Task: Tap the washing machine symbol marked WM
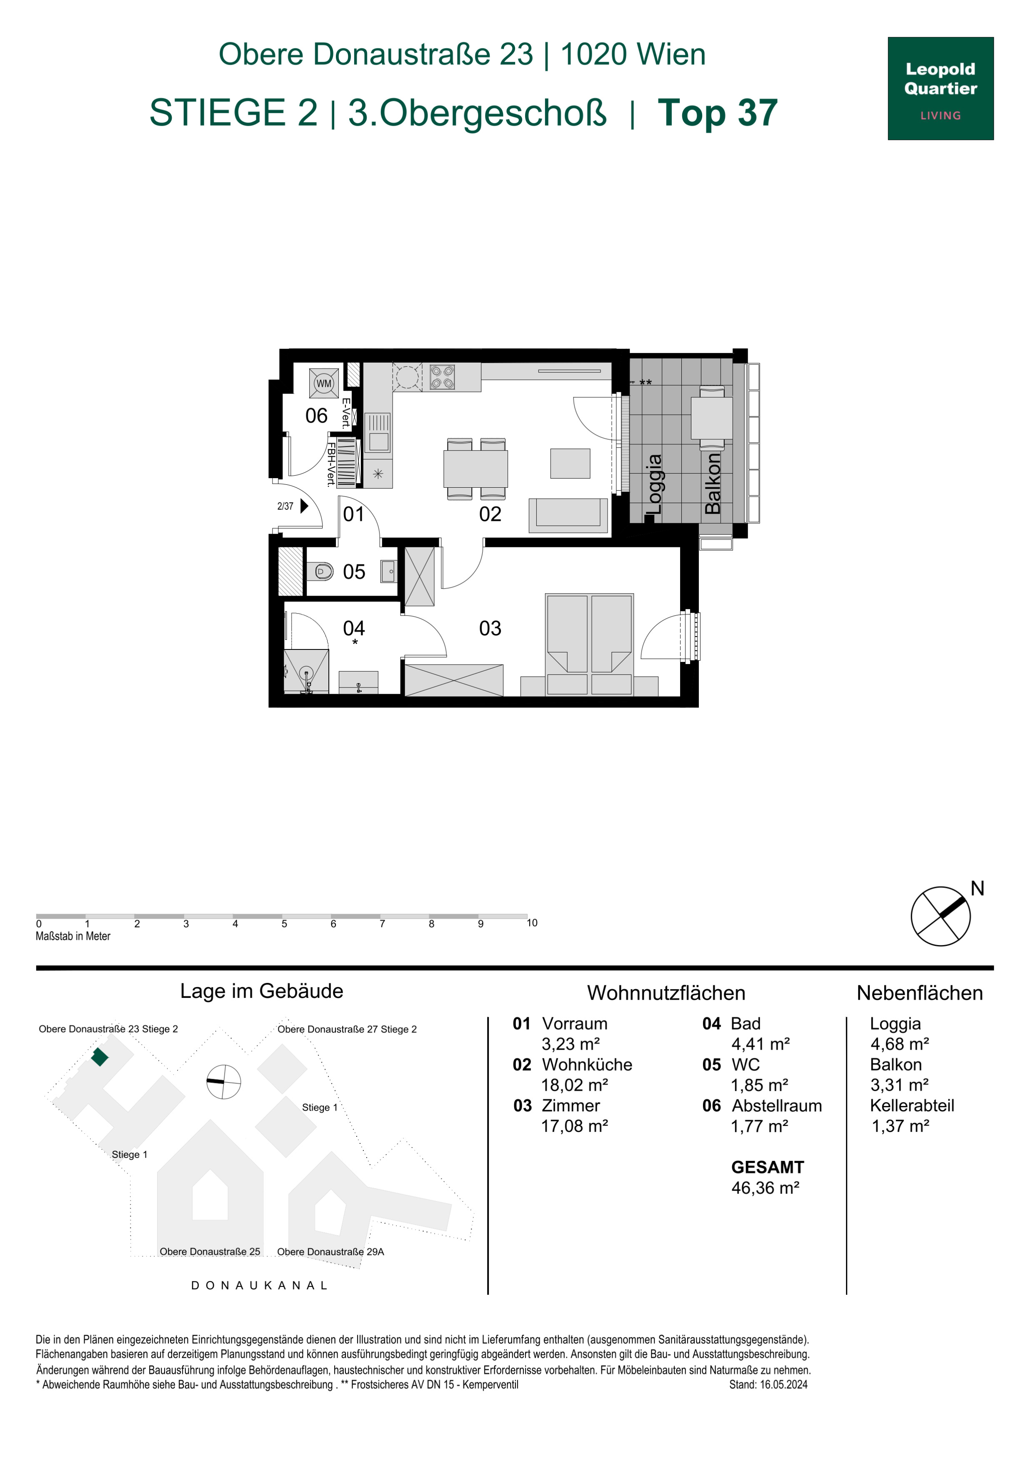tap(324, 383)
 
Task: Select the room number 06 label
tap(316, 416)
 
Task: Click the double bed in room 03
tap(590, 644)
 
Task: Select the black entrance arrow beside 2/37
tap(304, 506)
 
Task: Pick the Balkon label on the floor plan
tap(713, 484)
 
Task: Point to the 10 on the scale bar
tap(532, 923)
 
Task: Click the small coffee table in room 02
tap(570, 463)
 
